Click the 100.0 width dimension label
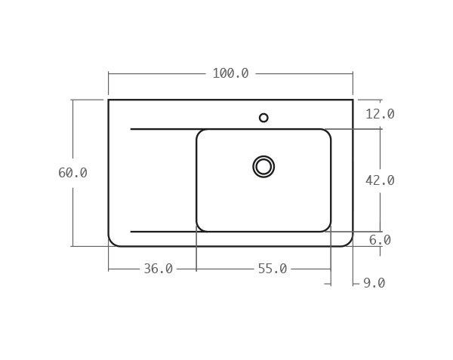[x=230, y=73]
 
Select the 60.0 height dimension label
[x=72, y=173]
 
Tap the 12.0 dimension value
[x=380, y=114]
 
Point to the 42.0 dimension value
[x=380, y=180]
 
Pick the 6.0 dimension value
[x=380, y=240]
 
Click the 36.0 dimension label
[x=158, y=269]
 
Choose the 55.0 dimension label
[x=272, y=269]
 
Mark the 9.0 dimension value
[x=374, y=283]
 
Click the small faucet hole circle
[x=263, y=118]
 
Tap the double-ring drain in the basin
[x=263, y=167]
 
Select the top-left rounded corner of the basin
[x=200, y=133]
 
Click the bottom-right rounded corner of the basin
[x=327, y=228]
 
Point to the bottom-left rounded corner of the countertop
[x=112, y=242]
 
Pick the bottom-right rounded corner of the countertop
[x=348, y=242]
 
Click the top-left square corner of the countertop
[x=109, y=100]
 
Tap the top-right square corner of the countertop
[x=353, y=100]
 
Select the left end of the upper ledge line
[x=131, y=129]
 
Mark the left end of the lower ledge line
[x=131, y=232]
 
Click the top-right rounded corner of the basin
[x=327, y=133]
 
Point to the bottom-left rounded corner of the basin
[x=200, y=228]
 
